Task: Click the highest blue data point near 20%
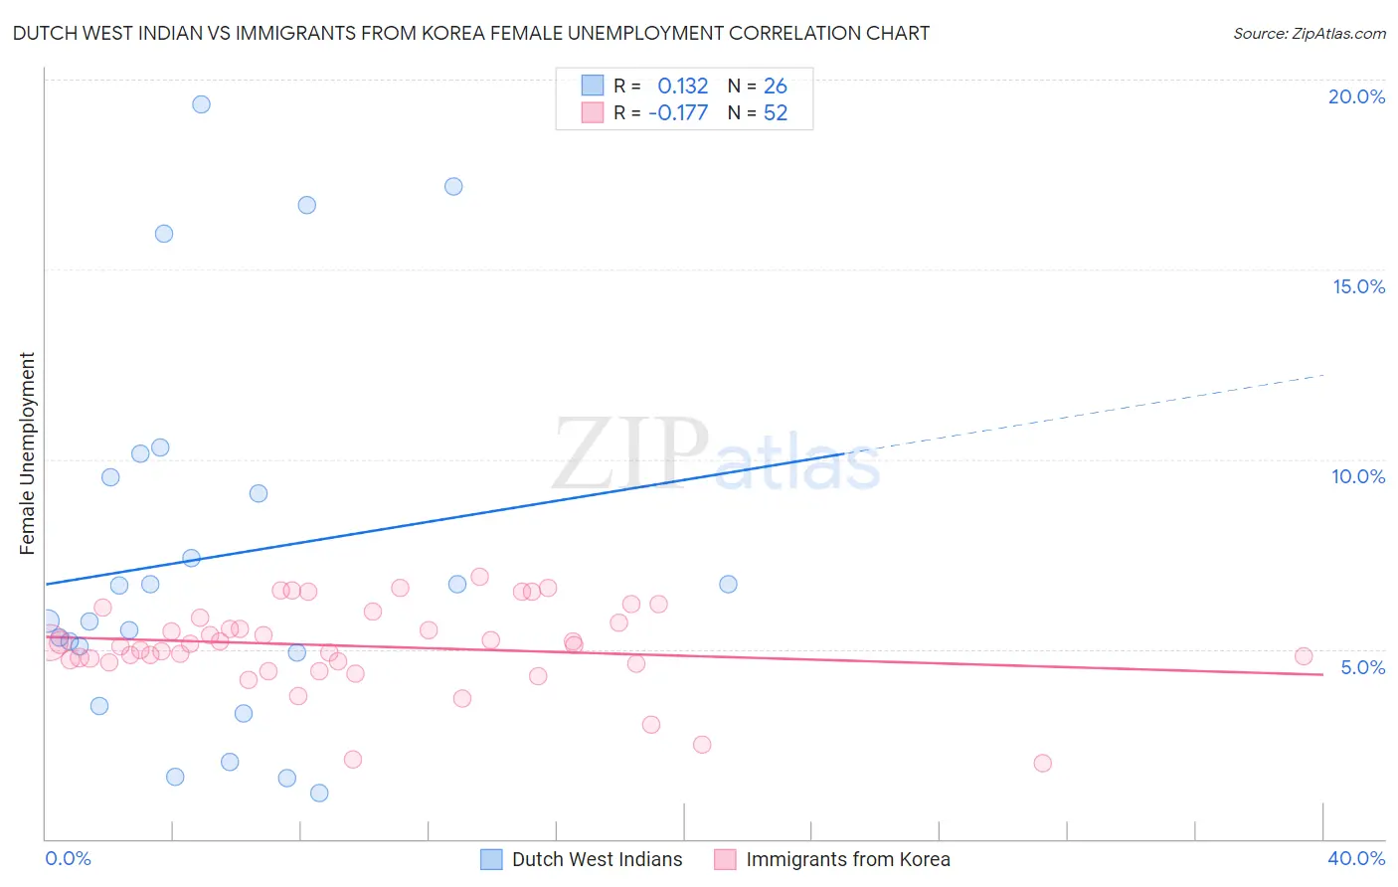(201, 104)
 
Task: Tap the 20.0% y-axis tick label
(1356, 96)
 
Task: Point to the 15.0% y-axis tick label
(1358, 286)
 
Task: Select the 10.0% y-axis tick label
(1358, 476)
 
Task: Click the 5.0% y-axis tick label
(1362, 667)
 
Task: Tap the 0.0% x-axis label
(68, 858)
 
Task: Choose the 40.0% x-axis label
(1356, 858)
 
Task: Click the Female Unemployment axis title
(27, 453)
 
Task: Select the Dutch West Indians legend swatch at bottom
(491, 859)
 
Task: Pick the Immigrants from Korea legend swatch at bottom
(725, 859)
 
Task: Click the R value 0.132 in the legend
(682, 87)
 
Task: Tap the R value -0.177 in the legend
(678, 113)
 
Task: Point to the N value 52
(776, 113)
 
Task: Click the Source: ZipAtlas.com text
(1309, 34)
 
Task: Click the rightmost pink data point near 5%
(1304, 656)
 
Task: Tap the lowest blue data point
(319, 793)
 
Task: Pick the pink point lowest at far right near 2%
(1042, 763)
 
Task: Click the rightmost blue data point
(728, 584)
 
